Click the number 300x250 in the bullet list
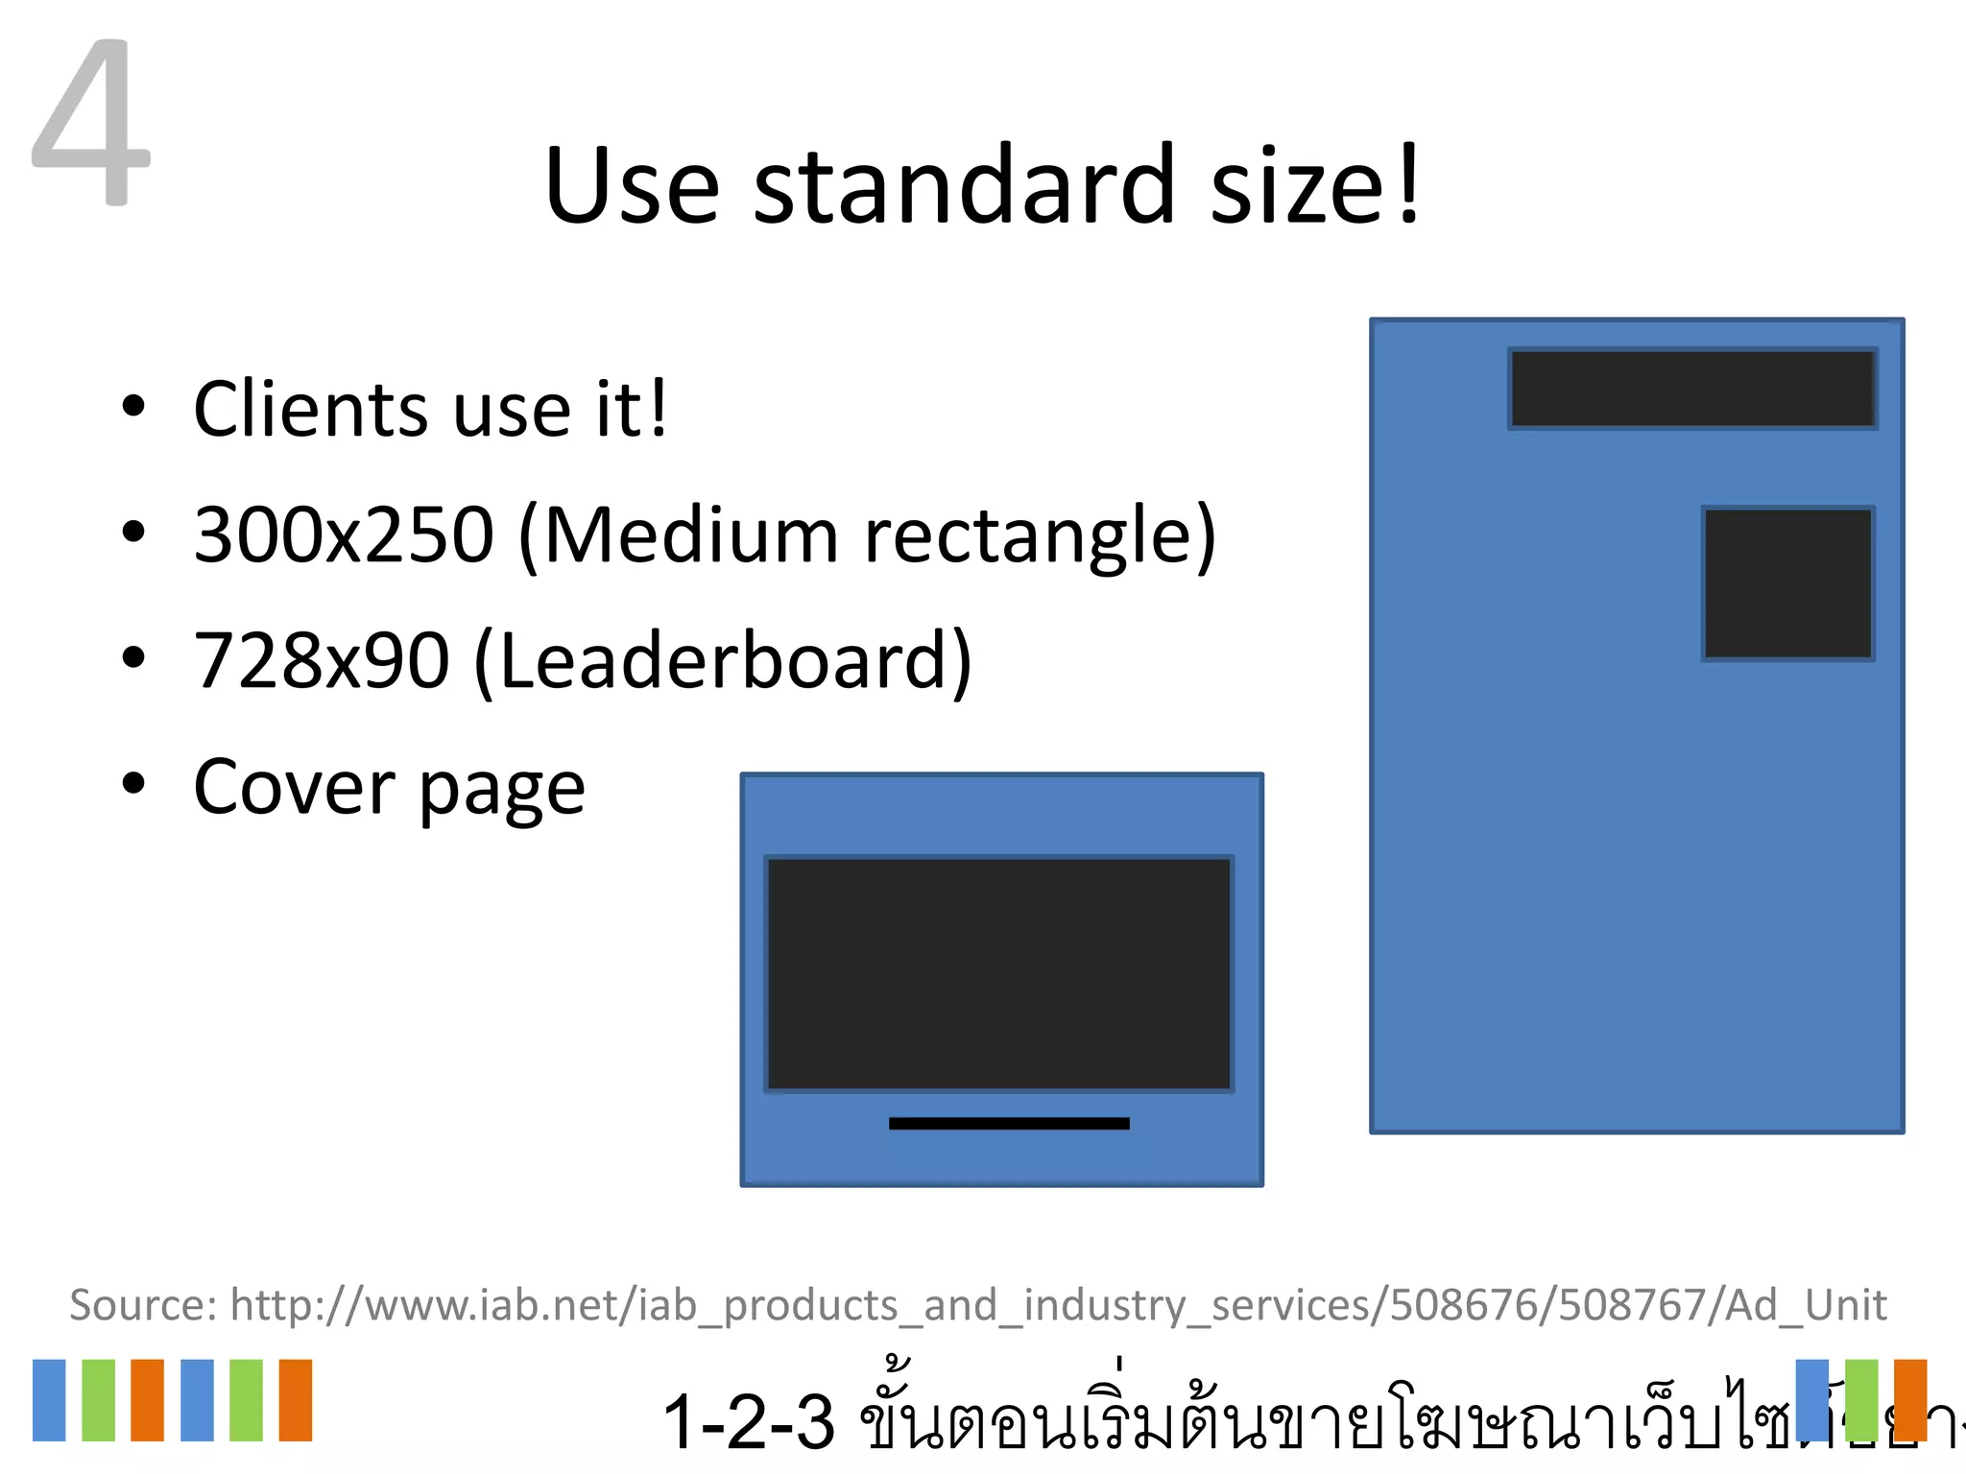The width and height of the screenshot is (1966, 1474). click(x=344, y=535)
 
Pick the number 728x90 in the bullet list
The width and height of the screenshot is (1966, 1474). click(x=322, y=661)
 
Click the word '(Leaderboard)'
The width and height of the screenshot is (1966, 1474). click(x=723, y=661)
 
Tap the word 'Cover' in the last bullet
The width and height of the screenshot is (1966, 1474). click(x=294, y=788)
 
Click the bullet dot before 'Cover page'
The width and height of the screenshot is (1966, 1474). click(x=133, y=784)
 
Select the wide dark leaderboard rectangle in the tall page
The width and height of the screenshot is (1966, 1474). click(x=1692, y=389)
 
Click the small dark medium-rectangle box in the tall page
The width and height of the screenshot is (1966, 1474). click(x=1787, y=583)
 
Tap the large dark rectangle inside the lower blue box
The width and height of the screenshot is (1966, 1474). click(x=998, y=974)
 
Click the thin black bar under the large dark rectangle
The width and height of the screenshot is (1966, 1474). click(x=1009, y=1123)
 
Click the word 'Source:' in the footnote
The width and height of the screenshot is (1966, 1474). click(x=144, y=1305)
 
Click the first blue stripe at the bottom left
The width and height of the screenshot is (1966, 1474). click(x=49, y=1400)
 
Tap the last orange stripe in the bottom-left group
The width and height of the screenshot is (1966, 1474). click(x=296, y=1400)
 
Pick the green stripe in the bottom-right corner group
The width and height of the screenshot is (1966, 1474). click(x=1861, y=1400)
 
